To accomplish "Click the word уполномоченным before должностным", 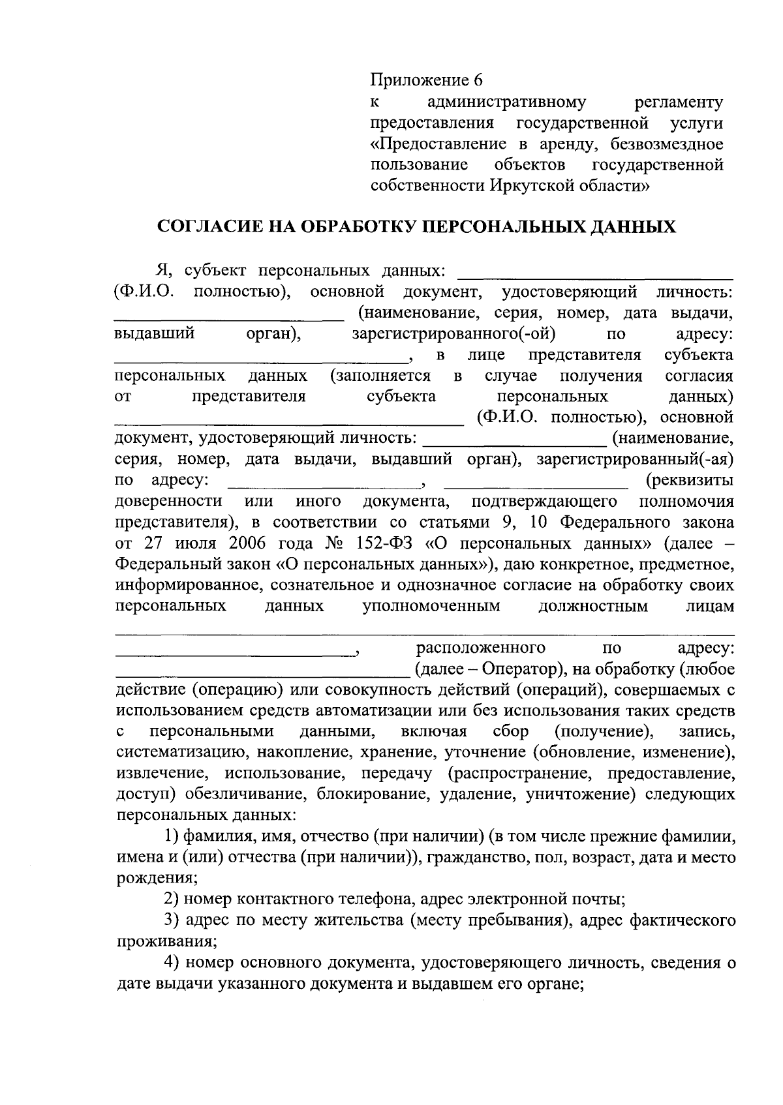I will pos(431,606).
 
